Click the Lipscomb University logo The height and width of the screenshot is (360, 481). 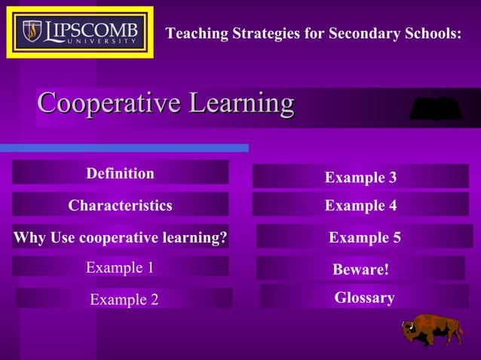80,32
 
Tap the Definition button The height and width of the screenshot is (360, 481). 120,173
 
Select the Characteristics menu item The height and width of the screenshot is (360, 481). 120,205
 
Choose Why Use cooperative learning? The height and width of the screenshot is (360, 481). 120,238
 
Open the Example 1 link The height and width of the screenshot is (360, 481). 120,267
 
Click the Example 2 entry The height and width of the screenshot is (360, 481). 124,300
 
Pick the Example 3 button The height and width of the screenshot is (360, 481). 360,177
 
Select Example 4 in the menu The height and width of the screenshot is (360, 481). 360,205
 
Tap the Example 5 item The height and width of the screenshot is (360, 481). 364,238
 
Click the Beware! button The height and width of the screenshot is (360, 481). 360,269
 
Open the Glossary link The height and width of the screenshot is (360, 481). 364,297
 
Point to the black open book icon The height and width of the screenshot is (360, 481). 435,109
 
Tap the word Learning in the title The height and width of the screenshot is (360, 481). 241,103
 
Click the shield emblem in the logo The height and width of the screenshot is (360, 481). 32,31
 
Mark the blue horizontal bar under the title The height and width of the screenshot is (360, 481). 124,148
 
